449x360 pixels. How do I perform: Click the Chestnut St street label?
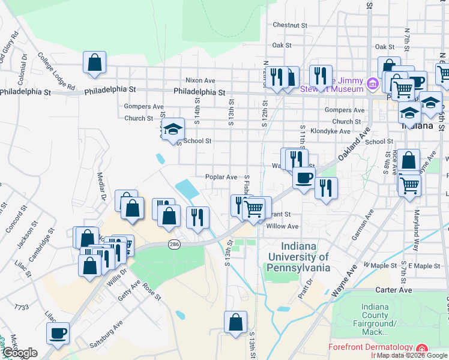[289, 26]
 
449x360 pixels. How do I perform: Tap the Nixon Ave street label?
[200, 80]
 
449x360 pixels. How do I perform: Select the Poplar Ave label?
[221, 177]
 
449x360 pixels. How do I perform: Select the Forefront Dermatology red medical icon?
[422, 348]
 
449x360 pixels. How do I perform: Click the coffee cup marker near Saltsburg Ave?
[58, 333]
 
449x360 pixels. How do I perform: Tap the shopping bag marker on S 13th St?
[235, 321]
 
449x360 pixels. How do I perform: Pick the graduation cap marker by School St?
[173, 130]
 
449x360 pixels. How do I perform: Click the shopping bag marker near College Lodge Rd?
[95, 62]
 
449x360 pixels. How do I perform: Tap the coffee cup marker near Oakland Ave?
[304, 178]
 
